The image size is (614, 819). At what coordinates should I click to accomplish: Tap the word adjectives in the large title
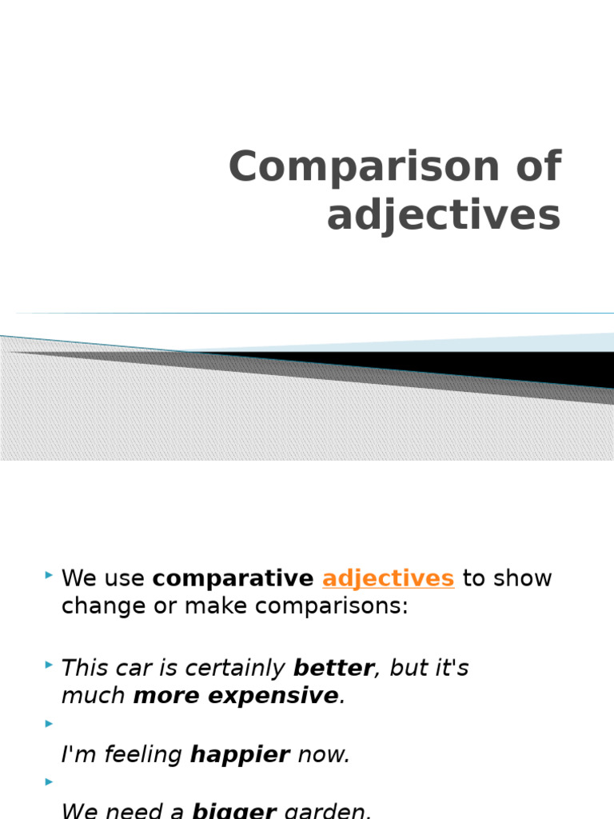click(444, 216)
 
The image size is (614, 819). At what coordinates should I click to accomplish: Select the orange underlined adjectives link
click(388, 578)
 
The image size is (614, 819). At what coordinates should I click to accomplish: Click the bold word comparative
click(233, 579)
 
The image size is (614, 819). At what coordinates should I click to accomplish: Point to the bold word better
click(333, 669)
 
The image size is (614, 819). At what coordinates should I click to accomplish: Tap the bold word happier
click(240, 755)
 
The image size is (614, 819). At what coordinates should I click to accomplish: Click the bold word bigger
click(234, 811)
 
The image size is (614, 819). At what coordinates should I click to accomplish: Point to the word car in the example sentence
click(133, 669)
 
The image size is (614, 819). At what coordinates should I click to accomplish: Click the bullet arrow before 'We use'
click(50, 575)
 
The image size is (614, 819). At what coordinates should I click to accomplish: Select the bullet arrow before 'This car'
click(50, 665)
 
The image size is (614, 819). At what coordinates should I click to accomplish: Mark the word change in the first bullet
click(95, 606)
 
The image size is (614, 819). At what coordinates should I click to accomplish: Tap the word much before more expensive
click(94, 696)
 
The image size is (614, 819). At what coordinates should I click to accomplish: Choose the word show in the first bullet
click(524, 578)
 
